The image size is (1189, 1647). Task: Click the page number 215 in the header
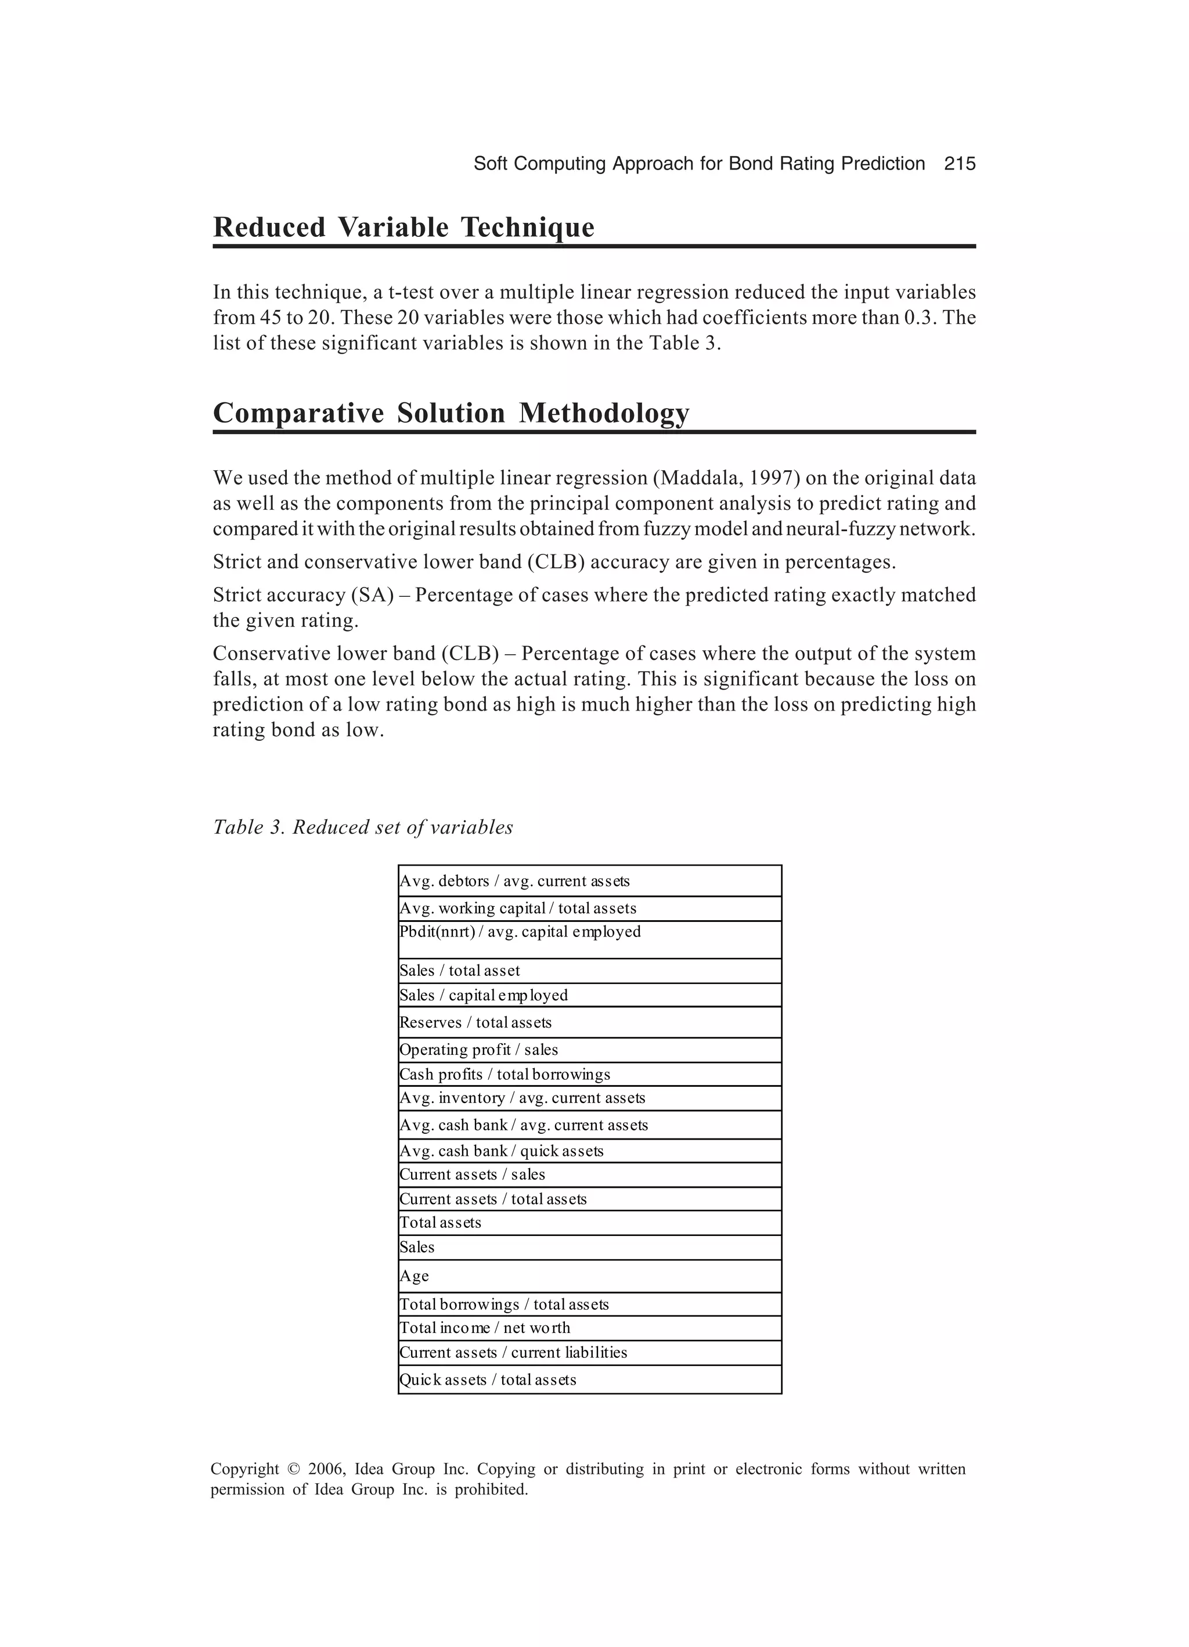pos(960,164)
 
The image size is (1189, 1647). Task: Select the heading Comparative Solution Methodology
pos(451,413)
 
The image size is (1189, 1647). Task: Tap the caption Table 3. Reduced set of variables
pos(362,827)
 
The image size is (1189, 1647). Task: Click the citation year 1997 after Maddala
pos(772,478)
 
